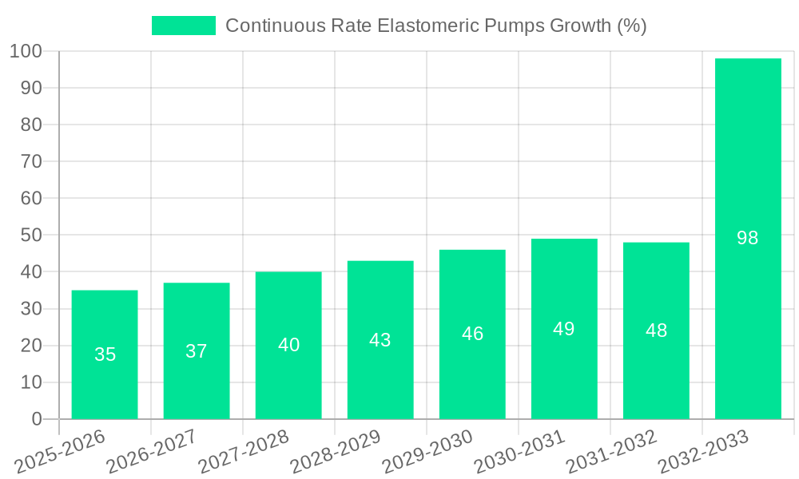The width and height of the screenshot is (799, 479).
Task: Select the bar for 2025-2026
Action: click(x=105, y=354)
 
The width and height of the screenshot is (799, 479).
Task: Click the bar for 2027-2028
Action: click(x=288, y=345)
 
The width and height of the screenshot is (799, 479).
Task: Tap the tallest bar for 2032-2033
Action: click(x=748, y=239)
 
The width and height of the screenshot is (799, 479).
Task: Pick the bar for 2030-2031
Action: click(x=564, y=329)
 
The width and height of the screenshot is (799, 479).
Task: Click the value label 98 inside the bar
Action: click(x=748, y=238)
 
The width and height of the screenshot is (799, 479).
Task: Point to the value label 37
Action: click(x=197, y=351)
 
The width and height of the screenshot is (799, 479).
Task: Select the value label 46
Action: click(x=472, y=334)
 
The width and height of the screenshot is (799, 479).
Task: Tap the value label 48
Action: click(x=656, y=331)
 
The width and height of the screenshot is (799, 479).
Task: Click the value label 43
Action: click(x=380, y=340)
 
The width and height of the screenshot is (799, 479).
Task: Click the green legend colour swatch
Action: click(x=184, y=26)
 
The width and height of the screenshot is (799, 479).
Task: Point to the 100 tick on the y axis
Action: click(x=26, y=51)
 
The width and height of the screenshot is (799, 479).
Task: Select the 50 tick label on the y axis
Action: click(x=31, y=236)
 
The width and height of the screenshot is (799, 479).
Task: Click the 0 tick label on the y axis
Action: click(x=36, y=419)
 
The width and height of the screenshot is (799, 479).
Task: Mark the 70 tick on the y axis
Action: click(x=31, y=161)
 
